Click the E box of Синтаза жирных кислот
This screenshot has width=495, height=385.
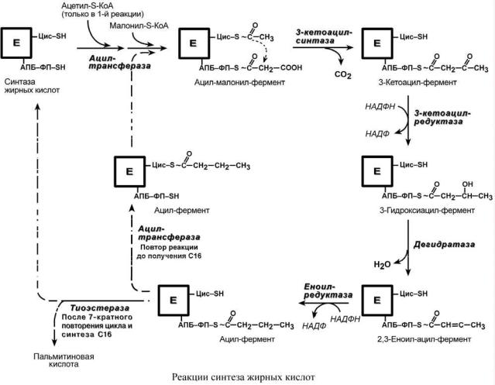tap(16, 43)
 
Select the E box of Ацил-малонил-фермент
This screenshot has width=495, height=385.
tap(194, 43)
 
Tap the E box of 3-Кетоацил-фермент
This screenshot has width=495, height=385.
tap(377, 43)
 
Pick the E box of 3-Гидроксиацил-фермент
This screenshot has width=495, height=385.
tap(377, 171)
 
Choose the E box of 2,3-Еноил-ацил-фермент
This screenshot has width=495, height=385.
tap(377, 300)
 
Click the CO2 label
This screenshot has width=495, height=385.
tap(343, 75)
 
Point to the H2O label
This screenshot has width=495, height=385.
tap(382, 264)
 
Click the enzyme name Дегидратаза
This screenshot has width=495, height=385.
tap(444, 245)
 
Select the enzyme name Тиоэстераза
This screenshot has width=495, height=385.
tap(100, 308)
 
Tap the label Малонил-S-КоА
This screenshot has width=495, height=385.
tap(139, 26)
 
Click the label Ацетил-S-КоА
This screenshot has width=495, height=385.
tap(88, 6)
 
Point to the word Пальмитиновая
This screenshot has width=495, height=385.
tap(64, 356)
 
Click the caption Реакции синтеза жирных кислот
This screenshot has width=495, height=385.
tap(243, 376)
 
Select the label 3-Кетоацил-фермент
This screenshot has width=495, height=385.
tap(418, 83)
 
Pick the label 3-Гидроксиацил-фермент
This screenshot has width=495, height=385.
tap(427, 211)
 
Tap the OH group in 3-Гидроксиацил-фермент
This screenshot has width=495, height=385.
tap(467, 184)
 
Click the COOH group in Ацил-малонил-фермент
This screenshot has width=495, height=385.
tap(291, 67)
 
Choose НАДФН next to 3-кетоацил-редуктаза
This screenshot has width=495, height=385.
tap(380, 107)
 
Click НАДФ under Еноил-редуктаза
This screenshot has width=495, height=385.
tap(314, 326)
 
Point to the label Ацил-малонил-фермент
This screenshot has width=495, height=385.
tap(239, 83)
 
